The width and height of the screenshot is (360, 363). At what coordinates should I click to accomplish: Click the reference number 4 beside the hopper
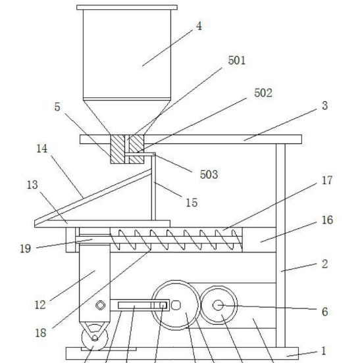tap(199, 26)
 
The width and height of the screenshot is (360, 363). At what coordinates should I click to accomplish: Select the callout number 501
tap(236, 60)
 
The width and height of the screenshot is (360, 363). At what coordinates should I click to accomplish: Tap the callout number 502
tap(263, 93)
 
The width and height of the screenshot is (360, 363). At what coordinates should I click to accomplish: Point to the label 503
tap(209, 174)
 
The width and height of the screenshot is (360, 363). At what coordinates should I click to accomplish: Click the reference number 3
tap(324, 106)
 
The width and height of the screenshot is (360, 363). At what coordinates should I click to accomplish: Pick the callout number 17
tap(327, 180)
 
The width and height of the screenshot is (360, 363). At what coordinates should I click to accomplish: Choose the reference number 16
tap(327, 220)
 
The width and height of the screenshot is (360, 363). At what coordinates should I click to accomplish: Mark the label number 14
tap(42, 149)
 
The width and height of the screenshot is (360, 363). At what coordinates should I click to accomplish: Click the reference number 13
tap(32, 185)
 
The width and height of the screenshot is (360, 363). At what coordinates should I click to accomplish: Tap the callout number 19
tap(25, 249)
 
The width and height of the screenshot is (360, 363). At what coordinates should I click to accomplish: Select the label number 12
tap(40, 304)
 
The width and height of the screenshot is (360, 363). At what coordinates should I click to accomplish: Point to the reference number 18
tap(41, 333)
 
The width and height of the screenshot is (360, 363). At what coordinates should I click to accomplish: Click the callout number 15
tap(192, 203)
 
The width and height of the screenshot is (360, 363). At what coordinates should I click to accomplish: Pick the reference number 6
tap(324, 312)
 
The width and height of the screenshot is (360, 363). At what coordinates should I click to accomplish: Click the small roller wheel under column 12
tap(95, 338)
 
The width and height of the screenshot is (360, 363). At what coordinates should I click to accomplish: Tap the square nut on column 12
tap(100, 305)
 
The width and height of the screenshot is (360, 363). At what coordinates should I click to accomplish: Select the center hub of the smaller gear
tap(218, 305)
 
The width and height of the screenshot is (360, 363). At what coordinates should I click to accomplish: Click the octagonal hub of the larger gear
tap(176, 305)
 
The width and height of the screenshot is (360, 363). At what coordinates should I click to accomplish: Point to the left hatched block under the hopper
tap(118, 149)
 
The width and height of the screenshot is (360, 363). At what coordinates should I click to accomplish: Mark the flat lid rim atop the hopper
tap(127, 7)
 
